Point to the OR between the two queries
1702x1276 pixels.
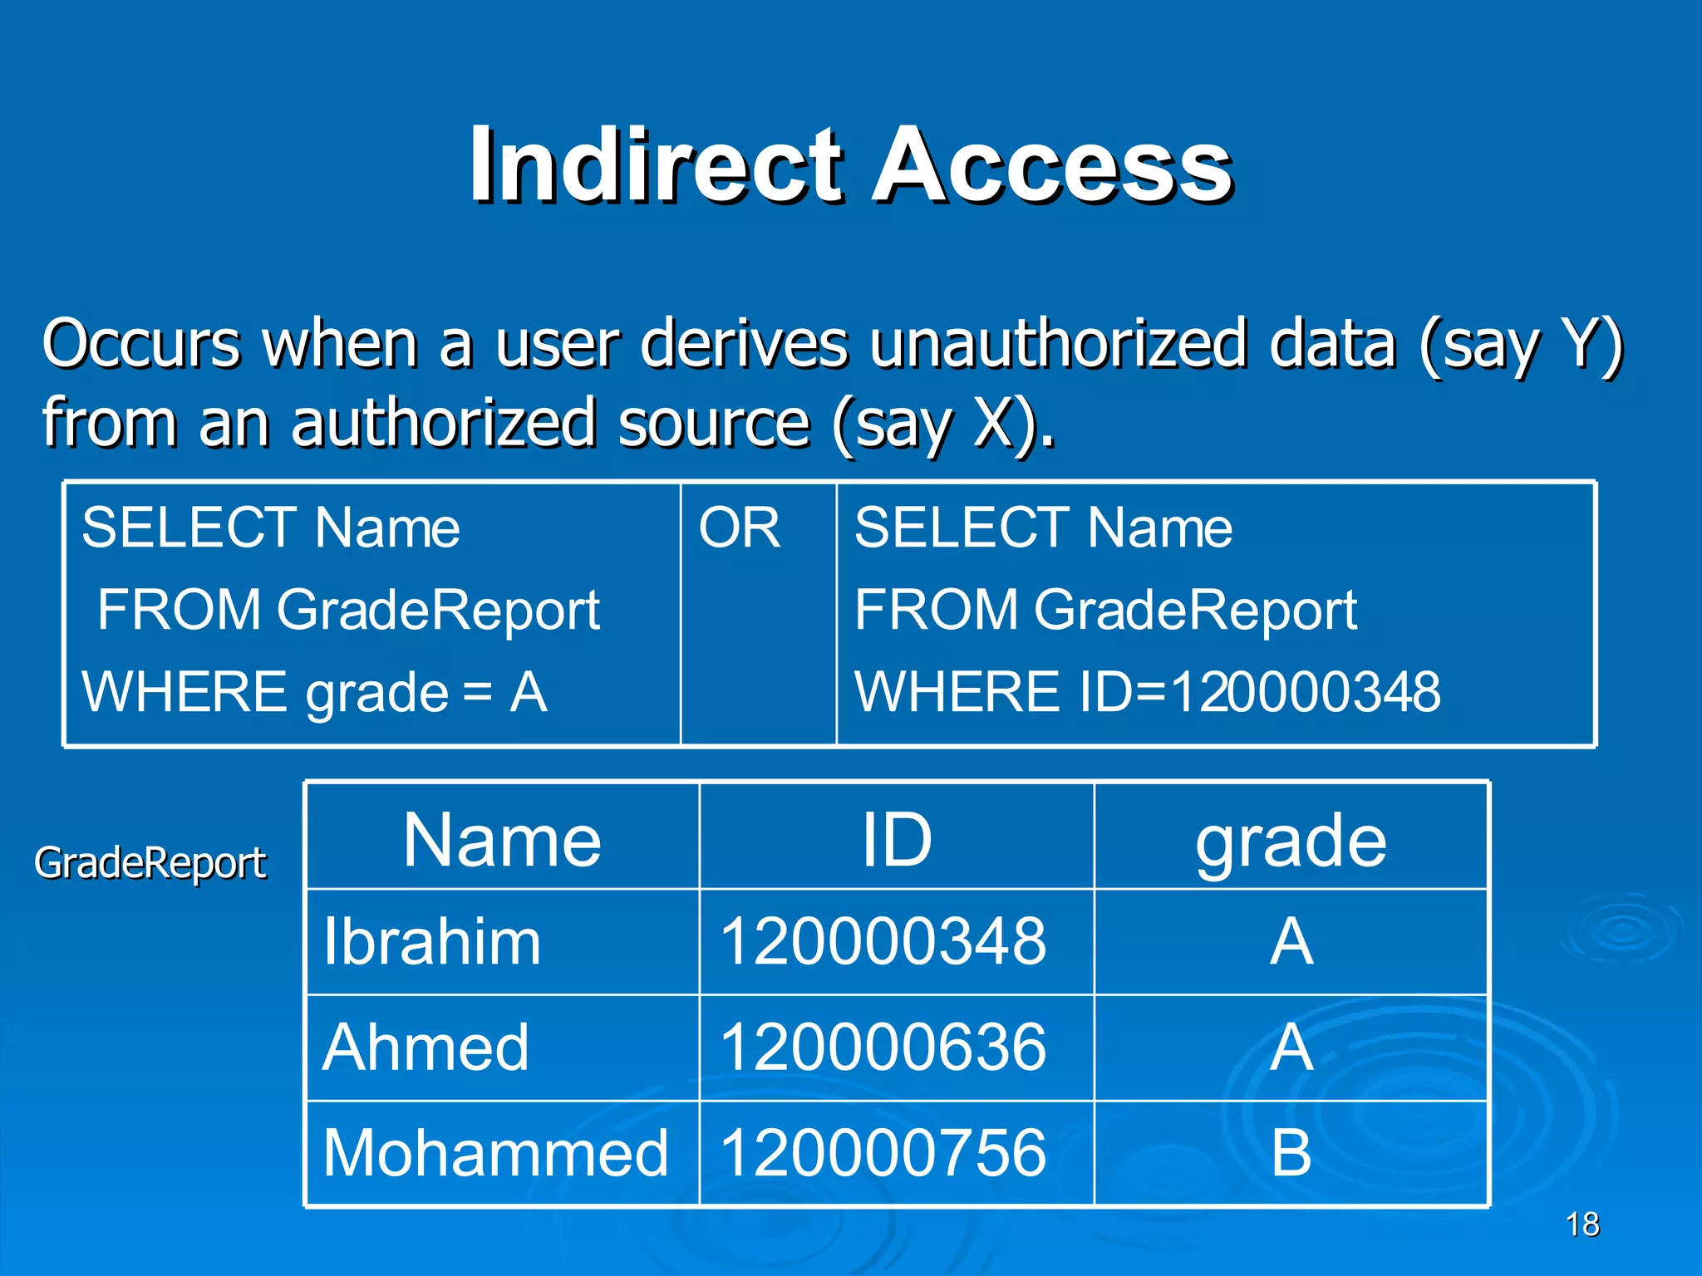click(x=739, y=528)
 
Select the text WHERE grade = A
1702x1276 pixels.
click(x=314, y=692)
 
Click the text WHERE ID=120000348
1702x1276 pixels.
click(x=1147, y=692)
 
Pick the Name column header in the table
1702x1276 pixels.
click(x=502, y=840)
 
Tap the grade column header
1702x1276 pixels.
click(x=1291, y=842)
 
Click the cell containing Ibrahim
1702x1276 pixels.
click(x=432, y=942)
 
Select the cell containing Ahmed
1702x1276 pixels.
click(x=425, y=1048)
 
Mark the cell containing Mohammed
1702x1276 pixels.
click(x=495, y=1153)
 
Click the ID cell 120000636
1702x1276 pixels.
click(x=883, y=1048)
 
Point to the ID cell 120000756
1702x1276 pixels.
click(x=883, y=1153)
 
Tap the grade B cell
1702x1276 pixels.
click(x=1291, y=1153)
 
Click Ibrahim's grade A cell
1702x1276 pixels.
click(x=1291, y=942)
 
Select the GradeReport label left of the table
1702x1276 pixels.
click(x=150, y=863)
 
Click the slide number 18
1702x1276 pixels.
click(x=1582, y=1224)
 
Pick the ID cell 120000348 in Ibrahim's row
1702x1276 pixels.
click(x=883, y=942)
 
